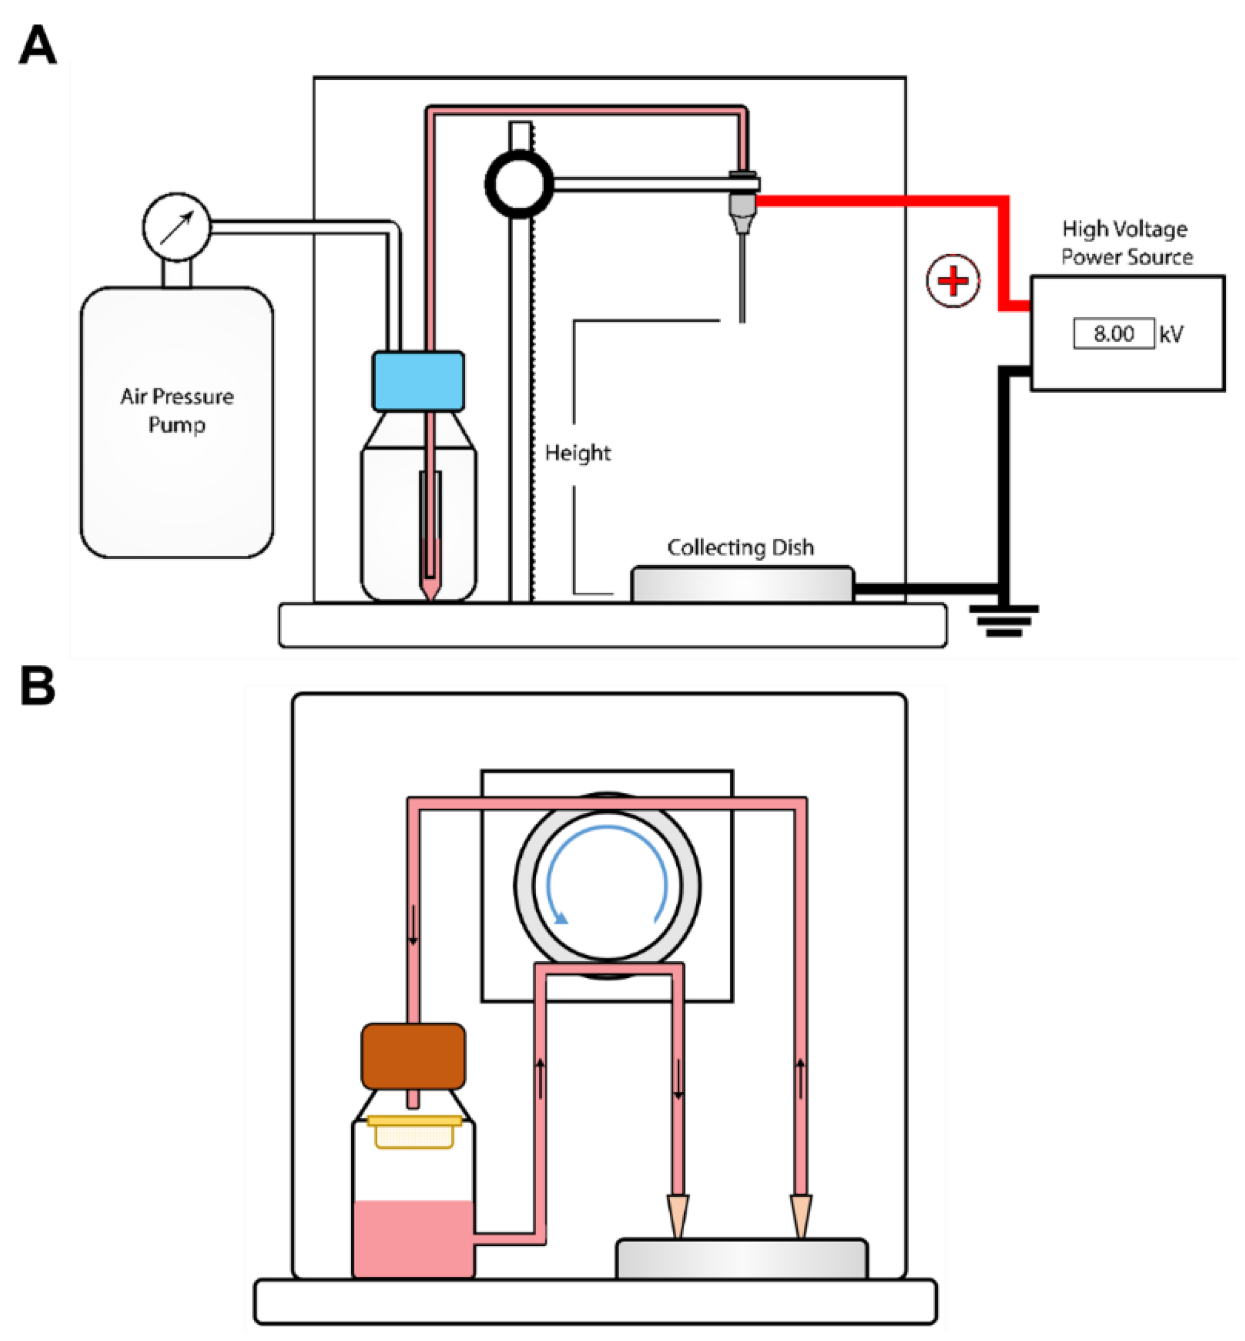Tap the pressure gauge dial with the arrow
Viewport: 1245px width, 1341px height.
(x=176, y=227)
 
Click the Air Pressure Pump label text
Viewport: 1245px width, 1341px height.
(x=176, y=410)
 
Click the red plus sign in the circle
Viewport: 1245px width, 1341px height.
(x=952, y=280)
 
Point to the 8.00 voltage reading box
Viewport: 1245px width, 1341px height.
(x=1114, y=333)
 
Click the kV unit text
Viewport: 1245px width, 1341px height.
(x=1171, y=334)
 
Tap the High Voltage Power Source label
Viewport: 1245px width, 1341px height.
(x=1126, y=242)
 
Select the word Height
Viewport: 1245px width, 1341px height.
(x=577, y=453)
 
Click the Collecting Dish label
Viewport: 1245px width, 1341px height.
(x=740, y=547)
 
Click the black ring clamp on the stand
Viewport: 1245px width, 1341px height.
(x=519, y=184)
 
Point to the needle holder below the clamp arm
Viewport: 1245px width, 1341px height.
(x=743, y=209)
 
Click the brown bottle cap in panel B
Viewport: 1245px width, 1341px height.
(x=413, y=1056)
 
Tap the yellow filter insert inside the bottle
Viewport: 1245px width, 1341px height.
(x=414, y=1132)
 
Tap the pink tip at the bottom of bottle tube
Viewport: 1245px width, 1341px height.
(x=430, y=589)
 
